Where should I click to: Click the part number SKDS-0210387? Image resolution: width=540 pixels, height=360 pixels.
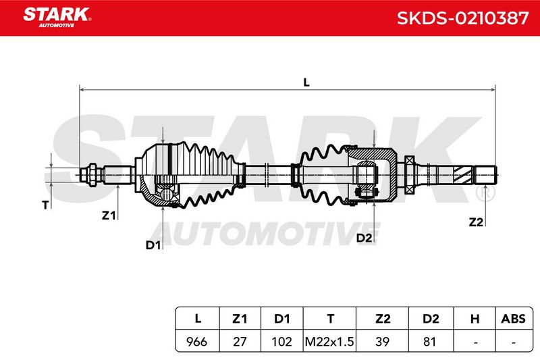(462, 18)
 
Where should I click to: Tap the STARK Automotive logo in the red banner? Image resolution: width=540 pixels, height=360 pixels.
(57, 18)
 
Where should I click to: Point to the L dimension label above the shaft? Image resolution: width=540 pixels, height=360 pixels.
(306, 82)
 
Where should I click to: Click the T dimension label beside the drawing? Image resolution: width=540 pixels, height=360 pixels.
(45, 205)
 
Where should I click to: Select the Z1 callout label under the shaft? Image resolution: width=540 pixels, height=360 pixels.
(109, 215)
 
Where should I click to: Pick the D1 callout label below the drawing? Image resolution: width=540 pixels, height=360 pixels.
(153, 245)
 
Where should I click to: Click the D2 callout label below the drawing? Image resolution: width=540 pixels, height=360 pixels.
(364, 238)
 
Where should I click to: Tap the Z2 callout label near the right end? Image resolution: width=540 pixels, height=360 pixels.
(476, 222)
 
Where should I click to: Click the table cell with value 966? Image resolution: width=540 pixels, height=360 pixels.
(197, 341)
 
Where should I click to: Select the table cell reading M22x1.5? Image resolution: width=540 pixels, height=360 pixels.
(329, 341)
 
